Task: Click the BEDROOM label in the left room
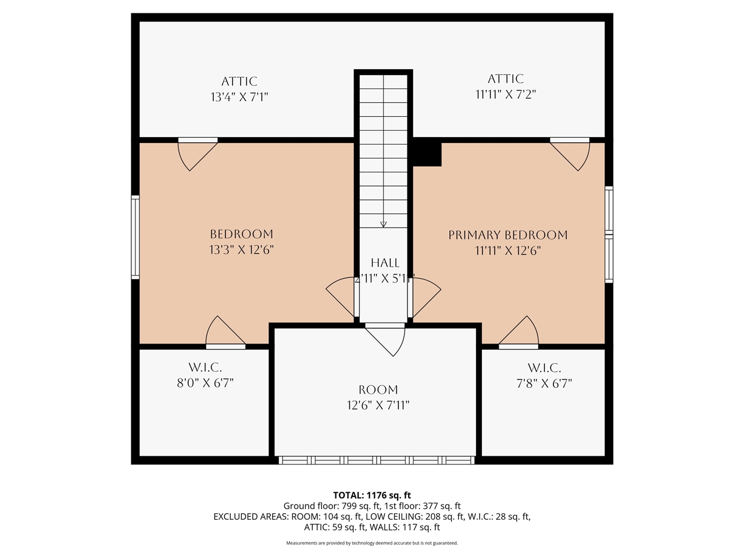tap(241, 234)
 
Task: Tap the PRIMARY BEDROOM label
tap(507, 235)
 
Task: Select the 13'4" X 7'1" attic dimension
tap(239, 97)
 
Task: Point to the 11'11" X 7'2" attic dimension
tap(505, 94)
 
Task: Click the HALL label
tap(385, 263)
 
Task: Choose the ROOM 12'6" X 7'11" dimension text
tap(378, 405)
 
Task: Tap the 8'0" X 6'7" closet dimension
tap(205, 383)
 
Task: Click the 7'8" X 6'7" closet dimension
tap(544, 384)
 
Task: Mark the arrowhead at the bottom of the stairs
tap(383, 224)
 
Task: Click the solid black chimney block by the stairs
tap(427, 153)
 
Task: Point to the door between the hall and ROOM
tap(385, 338)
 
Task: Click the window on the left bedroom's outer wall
tap(135, 237)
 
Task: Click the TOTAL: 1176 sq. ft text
tap(371, 495)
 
